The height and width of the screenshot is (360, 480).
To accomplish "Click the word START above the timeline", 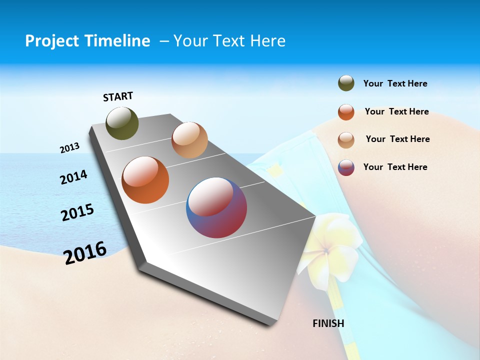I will coord(118,96).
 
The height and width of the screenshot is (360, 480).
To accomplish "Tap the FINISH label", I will coord(328,323).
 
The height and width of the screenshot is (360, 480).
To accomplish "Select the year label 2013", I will coord(69,148).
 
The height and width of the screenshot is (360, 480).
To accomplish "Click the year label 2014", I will coord(73,177).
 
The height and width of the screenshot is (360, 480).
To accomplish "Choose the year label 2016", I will coord(85,253).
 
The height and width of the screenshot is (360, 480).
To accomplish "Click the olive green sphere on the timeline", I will coord(122,123).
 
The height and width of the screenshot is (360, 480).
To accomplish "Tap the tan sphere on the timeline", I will coord(189,140).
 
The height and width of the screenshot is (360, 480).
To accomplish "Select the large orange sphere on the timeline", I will coord(145,180).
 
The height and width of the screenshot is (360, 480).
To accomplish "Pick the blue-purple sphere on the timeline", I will coord(216,207).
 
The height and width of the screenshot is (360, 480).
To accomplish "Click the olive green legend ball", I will coord(346,83).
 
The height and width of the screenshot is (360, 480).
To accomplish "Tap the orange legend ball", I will coord(346,112).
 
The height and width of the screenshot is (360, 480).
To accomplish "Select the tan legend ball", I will coord(346,139).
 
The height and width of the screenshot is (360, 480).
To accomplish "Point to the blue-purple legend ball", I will coord(346,167).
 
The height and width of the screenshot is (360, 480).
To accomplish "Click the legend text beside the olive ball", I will coord(395,84).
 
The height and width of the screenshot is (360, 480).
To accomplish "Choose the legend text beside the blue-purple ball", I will coord(395,167).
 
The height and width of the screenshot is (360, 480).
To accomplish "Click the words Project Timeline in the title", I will coord(87,41).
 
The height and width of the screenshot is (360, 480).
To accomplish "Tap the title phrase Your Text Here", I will coord(229,41).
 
